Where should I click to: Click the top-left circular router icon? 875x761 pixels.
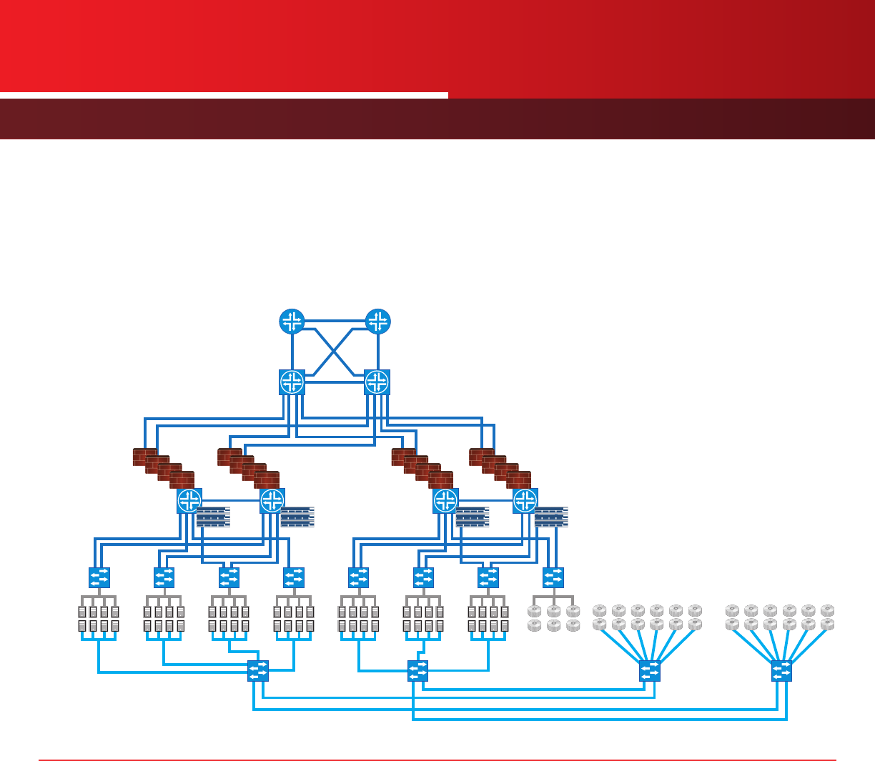(292, 322)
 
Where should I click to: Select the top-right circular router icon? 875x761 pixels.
(377, 322)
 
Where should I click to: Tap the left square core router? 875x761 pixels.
(292, 382)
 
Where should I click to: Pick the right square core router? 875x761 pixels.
(377, 382)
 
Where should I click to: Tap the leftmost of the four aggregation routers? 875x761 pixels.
(189, 501)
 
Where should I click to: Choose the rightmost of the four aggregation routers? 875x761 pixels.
(525, 501)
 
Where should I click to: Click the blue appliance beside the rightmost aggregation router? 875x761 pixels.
(551, 517)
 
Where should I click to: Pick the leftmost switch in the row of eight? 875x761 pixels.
(99, 577)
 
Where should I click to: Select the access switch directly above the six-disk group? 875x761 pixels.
(553, 577)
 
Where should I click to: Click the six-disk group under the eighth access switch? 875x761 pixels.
(553, 618)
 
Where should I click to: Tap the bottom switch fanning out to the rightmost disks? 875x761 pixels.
(782, 671)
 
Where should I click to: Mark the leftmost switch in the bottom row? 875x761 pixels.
(258, 671)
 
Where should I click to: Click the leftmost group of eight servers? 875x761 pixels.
(99, 619)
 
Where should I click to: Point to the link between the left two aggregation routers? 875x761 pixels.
(230, 501)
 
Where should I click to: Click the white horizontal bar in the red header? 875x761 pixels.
(224, 95)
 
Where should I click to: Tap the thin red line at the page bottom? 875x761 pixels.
(437, 760)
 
